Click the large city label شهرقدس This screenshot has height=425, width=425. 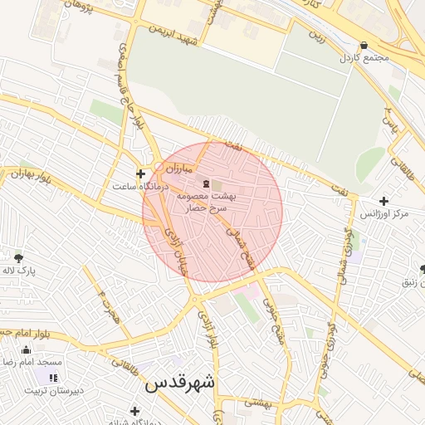pos(179,384)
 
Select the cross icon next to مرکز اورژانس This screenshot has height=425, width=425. pos(383,201)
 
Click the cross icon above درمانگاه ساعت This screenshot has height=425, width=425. pos(140,173)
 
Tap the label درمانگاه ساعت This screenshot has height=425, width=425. pos(140,187)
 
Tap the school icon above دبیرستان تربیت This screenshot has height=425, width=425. pos(54,378)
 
